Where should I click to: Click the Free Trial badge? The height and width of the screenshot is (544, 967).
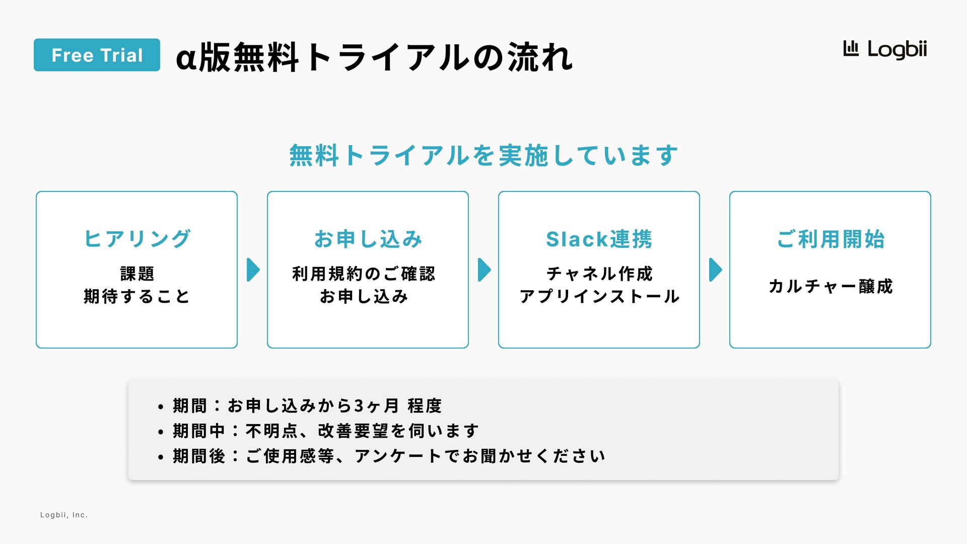pyautogui.click(x=97, y=55)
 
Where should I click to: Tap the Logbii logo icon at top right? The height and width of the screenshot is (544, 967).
pyautogui.click(x=851, y=49)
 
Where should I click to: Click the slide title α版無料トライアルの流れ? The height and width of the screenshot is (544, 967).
pyautogui.click(x=374, y=57)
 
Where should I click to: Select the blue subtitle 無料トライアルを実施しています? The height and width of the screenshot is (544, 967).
pyautogui.click(x=483, y=155)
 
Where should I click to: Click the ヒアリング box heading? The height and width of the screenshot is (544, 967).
pyautogui.click(x=136, y=239)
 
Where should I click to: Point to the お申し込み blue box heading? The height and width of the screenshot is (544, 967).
pyautogui.click(x=368, y=239)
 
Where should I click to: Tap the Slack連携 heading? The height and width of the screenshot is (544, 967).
pyautogui.click(x=599, y=239)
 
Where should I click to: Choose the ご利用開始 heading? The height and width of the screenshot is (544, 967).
pyautogui.click(x=830, y=239)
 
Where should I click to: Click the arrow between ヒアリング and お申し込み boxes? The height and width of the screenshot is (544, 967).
pyautogui.click(x=253, y=270)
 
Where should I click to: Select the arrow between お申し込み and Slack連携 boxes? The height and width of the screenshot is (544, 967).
pyautogui.click(x=484, y=270)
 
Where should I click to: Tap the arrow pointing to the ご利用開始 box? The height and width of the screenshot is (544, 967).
pyautogui.click(x=715, y=270)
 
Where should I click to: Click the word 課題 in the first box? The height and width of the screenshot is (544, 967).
pyautogui.click(x=137, y=274)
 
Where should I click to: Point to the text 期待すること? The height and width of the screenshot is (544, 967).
pyautogui.click(x=136, y=296)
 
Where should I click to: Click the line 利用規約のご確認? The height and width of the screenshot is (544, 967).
pyautogui.click(x=364, y=274)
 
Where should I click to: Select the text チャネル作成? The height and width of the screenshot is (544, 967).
pyautogui.click(x=599, y=274)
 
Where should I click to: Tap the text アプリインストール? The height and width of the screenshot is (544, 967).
pyautogui.click(x=599, y=296)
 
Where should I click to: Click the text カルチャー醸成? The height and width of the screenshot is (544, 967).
pyautogui.click(x=831, y=286)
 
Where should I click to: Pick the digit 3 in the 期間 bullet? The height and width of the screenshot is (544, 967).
pyautogui.click(x=359, y=406)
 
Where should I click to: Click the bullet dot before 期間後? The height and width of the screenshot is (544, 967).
pyautogui.click(x=161, y=457)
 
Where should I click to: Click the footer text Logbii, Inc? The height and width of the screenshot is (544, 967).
pyautogui.click(x=64, y=515)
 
